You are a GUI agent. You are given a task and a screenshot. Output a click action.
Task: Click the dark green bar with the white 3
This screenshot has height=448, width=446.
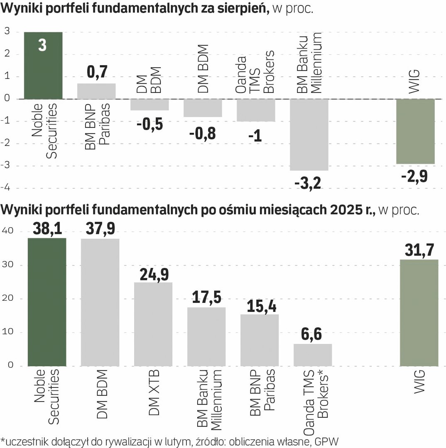[43, 66]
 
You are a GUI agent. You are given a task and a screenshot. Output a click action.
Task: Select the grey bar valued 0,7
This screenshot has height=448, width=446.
[96, 91]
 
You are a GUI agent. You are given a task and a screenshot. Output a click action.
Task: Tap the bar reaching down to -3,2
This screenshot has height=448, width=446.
[309, 135]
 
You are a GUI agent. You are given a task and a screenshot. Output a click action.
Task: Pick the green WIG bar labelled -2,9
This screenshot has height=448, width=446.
[415, 131]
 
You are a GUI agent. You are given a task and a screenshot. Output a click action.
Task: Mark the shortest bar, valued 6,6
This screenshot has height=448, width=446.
[313, 355]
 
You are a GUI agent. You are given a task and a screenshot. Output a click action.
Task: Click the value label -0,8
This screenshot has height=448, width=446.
[203, 134]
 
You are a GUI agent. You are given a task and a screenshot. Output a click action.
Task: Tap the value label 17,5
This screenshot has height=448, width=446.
[206, 298]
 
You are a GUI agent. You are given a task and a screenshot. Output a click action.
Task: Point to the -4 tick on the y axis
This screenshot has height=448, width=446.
[7, 188]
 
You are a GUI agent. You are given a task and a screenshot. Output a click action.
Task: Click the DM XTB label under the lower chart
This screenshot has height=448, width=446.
[154, 392]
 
